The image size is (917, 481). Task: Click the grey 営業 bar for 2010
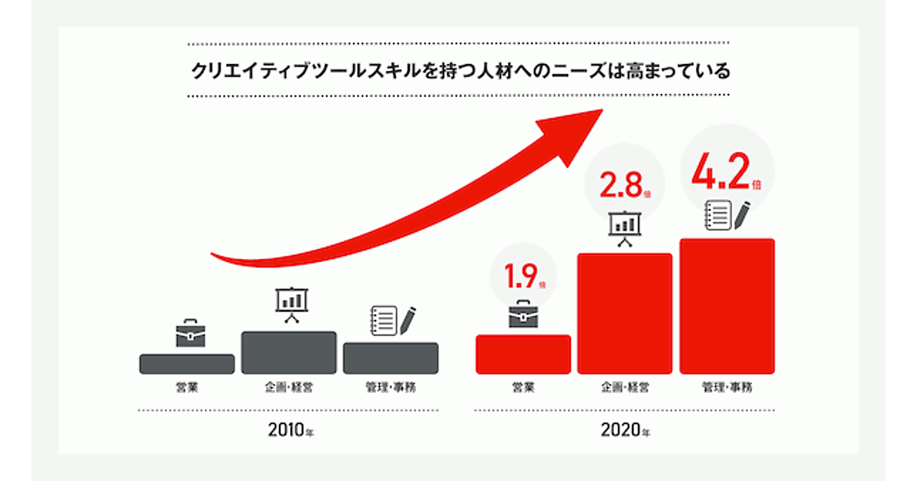[186, 364]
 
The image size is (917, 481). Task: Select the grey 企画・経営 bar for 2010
[289, 353]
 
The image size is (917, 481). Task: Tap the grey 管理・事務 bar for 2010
[390, 358]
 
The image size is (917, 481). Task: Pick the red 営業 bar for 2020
[523, 354]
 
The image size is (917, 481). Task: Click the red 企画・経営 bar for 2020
[624, 314]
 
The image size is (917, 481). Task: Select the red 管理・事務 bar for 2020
[727, 306]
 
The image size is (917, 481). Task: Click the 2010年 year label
[290, 430]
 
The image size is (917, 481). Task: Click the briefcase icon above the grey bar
[190, 334]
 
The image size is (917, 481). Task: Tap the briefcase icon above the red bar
[523, 314]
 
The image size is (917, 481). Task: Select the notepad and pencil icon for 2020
[727, 215]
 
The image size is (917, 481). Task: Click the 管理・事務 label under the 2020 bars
[727, 387]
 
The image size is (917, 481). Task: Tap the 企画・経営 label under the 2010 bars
[289, 387]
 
